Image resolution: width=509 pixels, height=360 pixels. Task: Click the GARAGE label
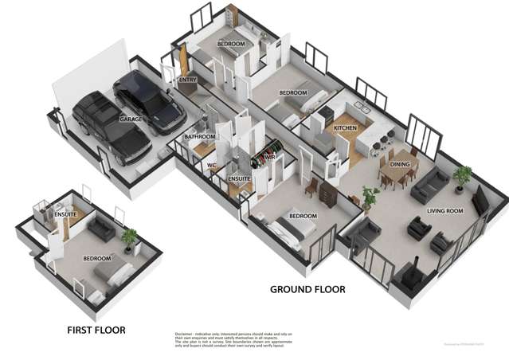coord(131,119)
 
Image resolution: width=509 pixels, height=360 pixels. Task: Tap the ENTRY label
coord(188,80)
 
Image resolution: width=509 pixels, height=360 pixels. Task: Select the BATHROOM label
coord(200,137)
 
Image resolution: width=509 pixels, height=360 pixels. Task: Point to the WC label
coord(212,166)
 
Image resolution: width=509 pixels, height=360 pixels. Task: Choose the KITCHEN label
coord(344,127)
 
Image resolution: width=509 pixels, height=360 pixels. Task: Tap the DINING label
coord(400,164)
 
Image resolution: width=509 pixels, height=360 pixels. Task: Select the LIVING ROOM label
coord(445,211)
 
